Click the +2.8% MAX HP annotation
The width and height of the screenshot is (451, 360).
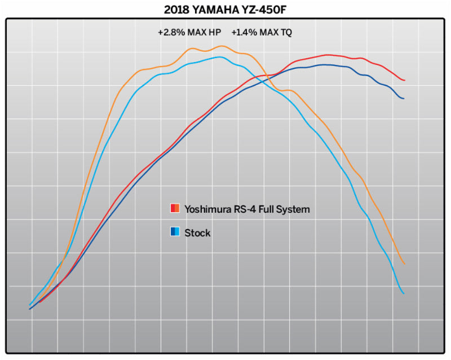coord(189,33)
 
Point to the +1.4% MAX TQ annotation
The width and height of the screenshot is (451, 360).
coord(262,33)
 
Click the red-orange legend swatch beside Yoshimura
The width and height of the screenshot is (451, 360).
coord(175,209)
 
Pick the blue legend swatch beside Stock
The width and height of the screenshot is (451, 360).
coord(175,232)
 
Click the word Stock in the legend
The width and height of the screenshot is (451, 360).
coord(197,232)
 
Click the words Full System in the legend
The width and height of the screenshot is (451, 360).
coord(285,209)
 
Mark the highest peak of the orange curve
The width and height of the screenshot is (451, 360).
coord(222,46)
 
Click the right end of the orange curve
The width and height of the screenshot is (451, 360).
coord(404,264)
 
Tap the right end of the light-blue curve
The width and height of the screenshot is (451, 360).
coord(404,293)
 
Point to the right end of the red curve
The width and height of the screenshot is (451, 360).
coord(404,80)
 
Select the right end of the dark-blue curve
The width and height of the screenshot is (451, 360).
coord(404,98)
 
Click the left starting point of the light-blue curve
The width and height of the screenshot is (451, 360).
coord(30,305)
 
